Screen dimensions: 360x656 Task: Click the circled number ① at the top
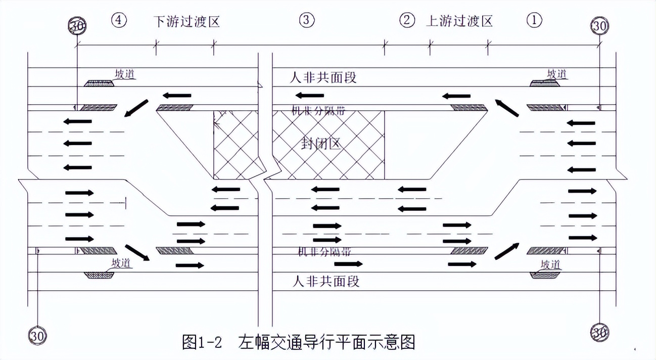coord(534,20)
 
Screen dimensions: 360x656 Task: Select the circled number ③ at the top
coord(307,20)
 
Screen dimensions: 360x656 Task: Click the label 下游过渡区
coord(187,21)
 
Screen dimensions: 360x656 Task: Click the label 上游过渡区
coord(459,21)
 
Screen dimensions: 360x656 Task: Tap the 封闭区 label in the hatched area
coord(320,143)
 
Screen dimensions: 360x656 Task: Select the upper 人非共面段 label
coord(323,78)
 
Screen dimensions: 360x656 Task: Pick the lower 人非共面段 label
coord(326,281)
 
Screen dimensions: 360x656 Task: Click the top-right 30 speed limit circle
coord(600,26)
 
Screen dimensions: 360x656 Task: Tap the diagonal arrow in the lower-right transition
coord(506,251)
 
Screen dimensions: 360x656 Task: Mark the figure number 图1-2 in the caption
coord(202,342)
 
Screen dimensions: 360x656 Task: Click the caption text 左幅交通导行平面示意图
coord(326,342)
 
